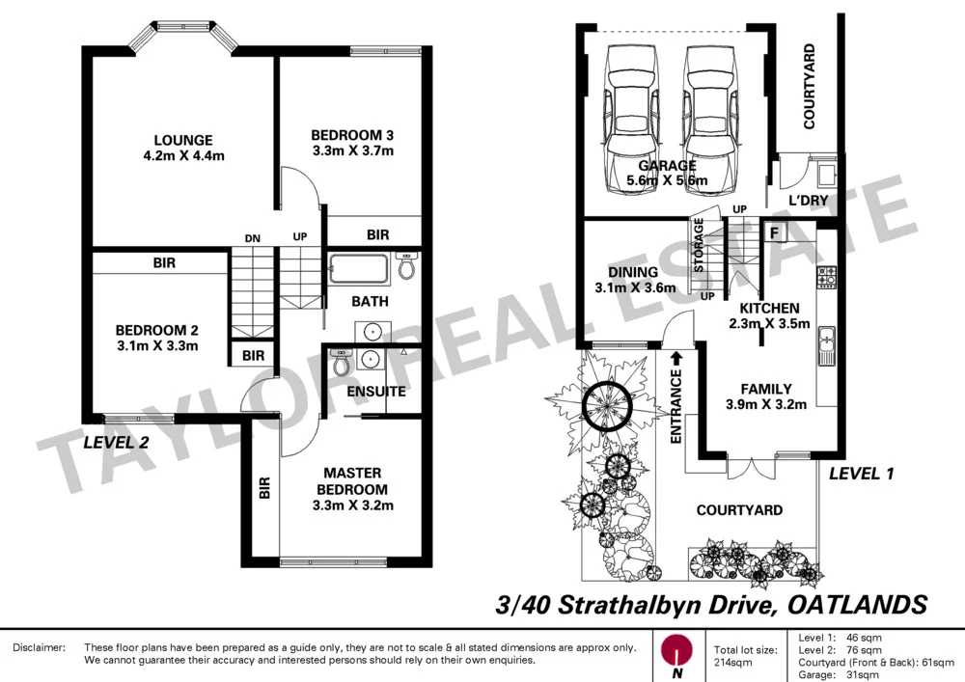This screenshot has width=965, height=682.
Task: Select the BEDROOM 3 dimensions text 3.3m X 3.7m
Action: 352,151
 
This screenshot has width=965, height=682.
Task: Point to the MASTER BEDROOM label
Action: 352,480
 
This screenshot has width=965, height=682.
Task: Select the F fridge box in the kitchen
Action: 774,232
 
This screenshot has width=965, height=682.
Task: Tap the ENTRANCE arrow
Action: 676,358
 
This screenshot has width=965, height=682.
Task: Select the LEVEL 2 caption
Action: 117,444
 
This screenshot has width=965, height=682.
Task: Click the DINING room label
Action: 632,273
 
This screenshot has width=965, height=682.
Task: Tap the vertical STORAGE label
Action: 698,249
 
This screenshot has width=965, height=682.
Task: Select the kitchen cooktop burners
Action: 826,278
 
